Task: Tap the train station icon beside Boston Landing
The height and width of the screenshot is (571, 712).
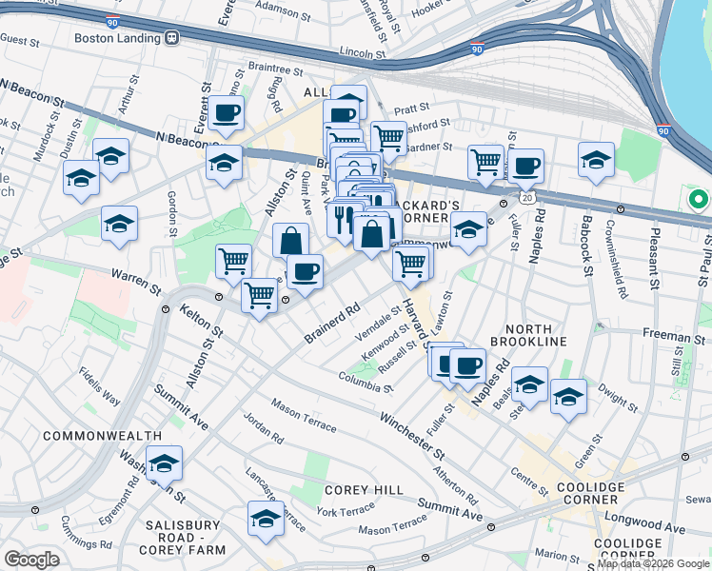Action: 172,39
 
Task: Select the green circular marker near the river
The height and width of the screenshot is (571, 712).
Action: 698,201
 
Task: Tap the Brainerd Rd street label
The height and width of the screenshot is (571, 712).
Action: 331,323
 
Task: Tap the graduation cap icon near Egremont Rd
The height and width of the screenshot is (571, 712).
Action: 164,463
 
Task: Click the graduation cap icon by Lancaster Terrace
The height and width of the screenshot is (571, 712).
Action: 266,518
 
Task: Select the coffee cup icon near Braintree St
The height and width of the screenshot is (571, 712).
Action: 227,113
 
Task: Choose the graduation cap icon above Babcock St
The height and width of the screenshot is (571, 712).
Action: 596,158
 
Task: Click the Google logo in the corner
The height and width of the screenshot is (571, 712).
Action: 31,560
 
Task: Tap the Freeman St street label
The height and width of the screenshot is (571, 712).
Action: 678,337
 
